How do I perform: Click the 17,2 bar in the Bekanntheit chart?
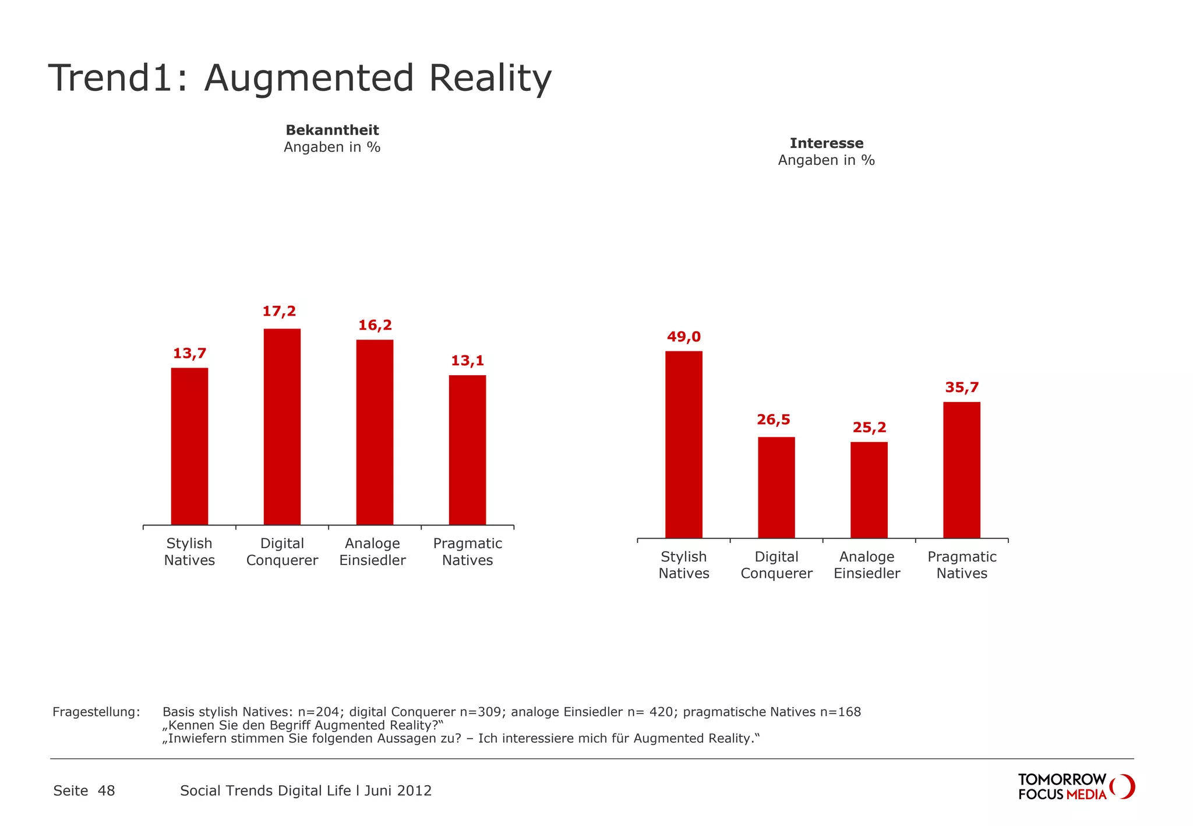(x=282, y=426)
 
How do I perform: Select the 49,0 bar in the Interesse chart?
(x=683, y=444)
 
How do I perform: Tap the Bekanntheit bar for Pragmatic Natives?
(x=467, y=450)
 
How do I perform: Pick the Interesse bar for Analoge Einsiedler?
(x=869, y=489)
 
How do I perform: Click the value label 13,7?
(x=189, y=353)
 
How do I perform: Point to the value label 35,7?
(x=962, y=387)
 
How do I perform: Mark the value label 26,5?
(x=773, y=419)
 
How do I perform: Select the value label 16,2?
(x=375, y=325)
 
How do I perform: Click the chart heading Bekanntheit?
(x=332, y=130)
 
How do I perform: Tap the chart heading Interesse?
(x=826, y=143)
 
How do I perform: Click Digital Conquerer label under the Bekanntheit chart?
(x=282, y=552)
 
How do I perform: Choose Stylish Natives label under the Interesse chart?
(x=683, y=565)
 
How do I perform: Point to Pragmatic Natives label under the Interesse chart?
(x=962, y=565)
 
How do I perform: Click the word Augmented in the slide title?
(x=309, y=78)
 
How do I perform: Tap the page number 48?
(x=106, y=790)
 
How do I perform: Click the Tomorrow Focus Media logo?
(x=1075, y=786)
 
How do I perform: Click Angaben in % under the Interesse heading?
(x=826, y=160)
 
